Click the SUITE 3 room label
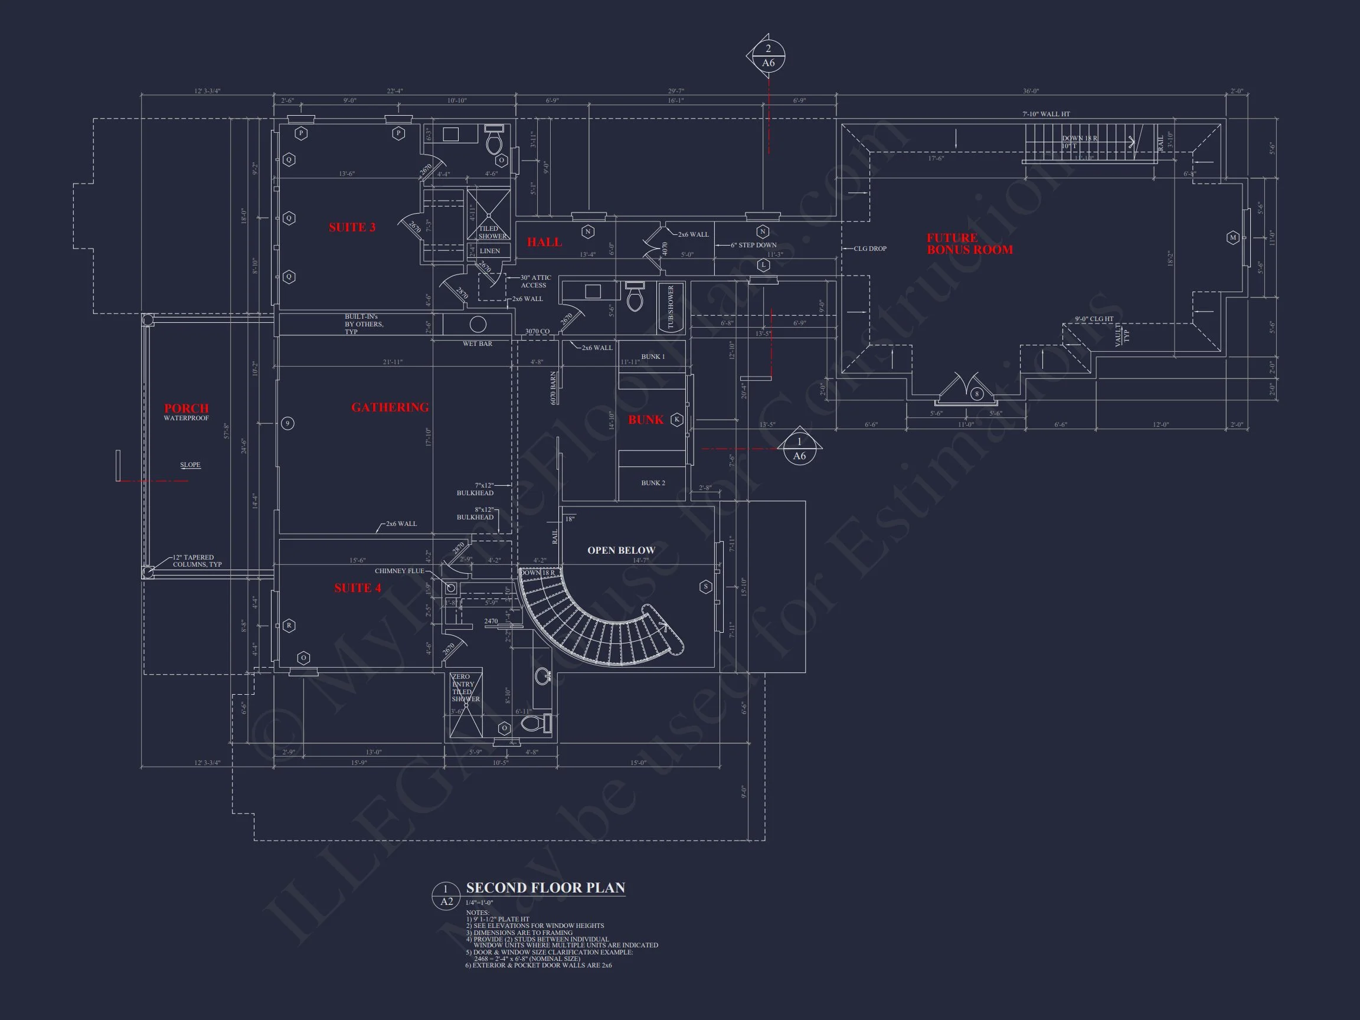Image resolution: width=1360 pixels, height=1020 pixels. pyautogui.click(x=352, y=227)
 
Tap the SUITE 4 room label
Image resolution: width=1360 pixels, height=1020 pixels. pyautogui.click(x=357, y=589)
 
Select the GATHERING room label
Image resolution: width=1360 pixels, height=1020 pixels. pyautogui.click(x=390, y=408)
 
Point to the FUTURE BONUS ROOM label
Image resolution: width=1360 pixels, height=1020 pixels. pyautogui.click(x=970, y=243)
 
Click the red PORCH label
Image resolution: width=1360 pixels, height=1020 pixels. pyautogui.click(x=187, y=408)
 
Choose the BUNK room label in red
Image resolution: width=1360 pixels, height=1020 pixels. pyautogui.click(x=646, y=420)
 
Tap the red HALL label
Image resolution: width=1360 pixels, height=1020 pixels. pyautogui.click(x=544, y=243)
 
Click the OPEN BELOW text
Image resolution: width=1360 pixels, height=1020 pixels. pyautogui.click(x=621, y=550)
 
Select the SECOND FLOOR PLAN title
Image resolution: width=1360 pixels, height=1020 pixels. pyautogui.click(x=545, y=888)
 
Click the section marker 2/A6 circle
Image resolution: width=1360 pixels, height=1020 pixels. pyautogui.click(x=768, y=56)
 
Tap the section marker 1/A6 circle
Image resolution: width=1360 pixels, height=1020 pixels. pyautogui.click(x=799, y=449)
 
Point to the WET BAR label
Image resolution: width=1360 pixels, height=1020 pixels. pyautogui.click(x=477, y=344)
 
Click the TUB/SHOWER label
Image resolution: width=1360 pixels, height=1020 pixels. pyautogui.click(x=671, y=307)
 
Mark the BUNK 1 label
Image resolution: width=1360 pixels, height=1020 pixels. pyautogui.click(x=653, y=357)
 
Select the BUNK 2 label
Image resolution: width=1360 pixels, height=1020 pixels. pyautogui.click(x=653, y=483)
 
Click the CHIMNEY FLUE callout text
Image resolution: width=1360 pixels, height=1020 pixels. pyautogui.click(x=399, y=571)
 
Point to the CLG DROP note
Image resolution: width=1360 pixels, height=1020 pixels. pyautogui.click(x=870, y=249)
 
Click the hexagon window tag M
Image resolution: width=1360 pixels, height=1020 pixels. pyautogui.click(x=1232, y=237)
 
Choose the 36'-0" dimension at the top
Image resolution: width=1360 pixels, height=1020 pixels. pyautogui.click(x=1031, y=91)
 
